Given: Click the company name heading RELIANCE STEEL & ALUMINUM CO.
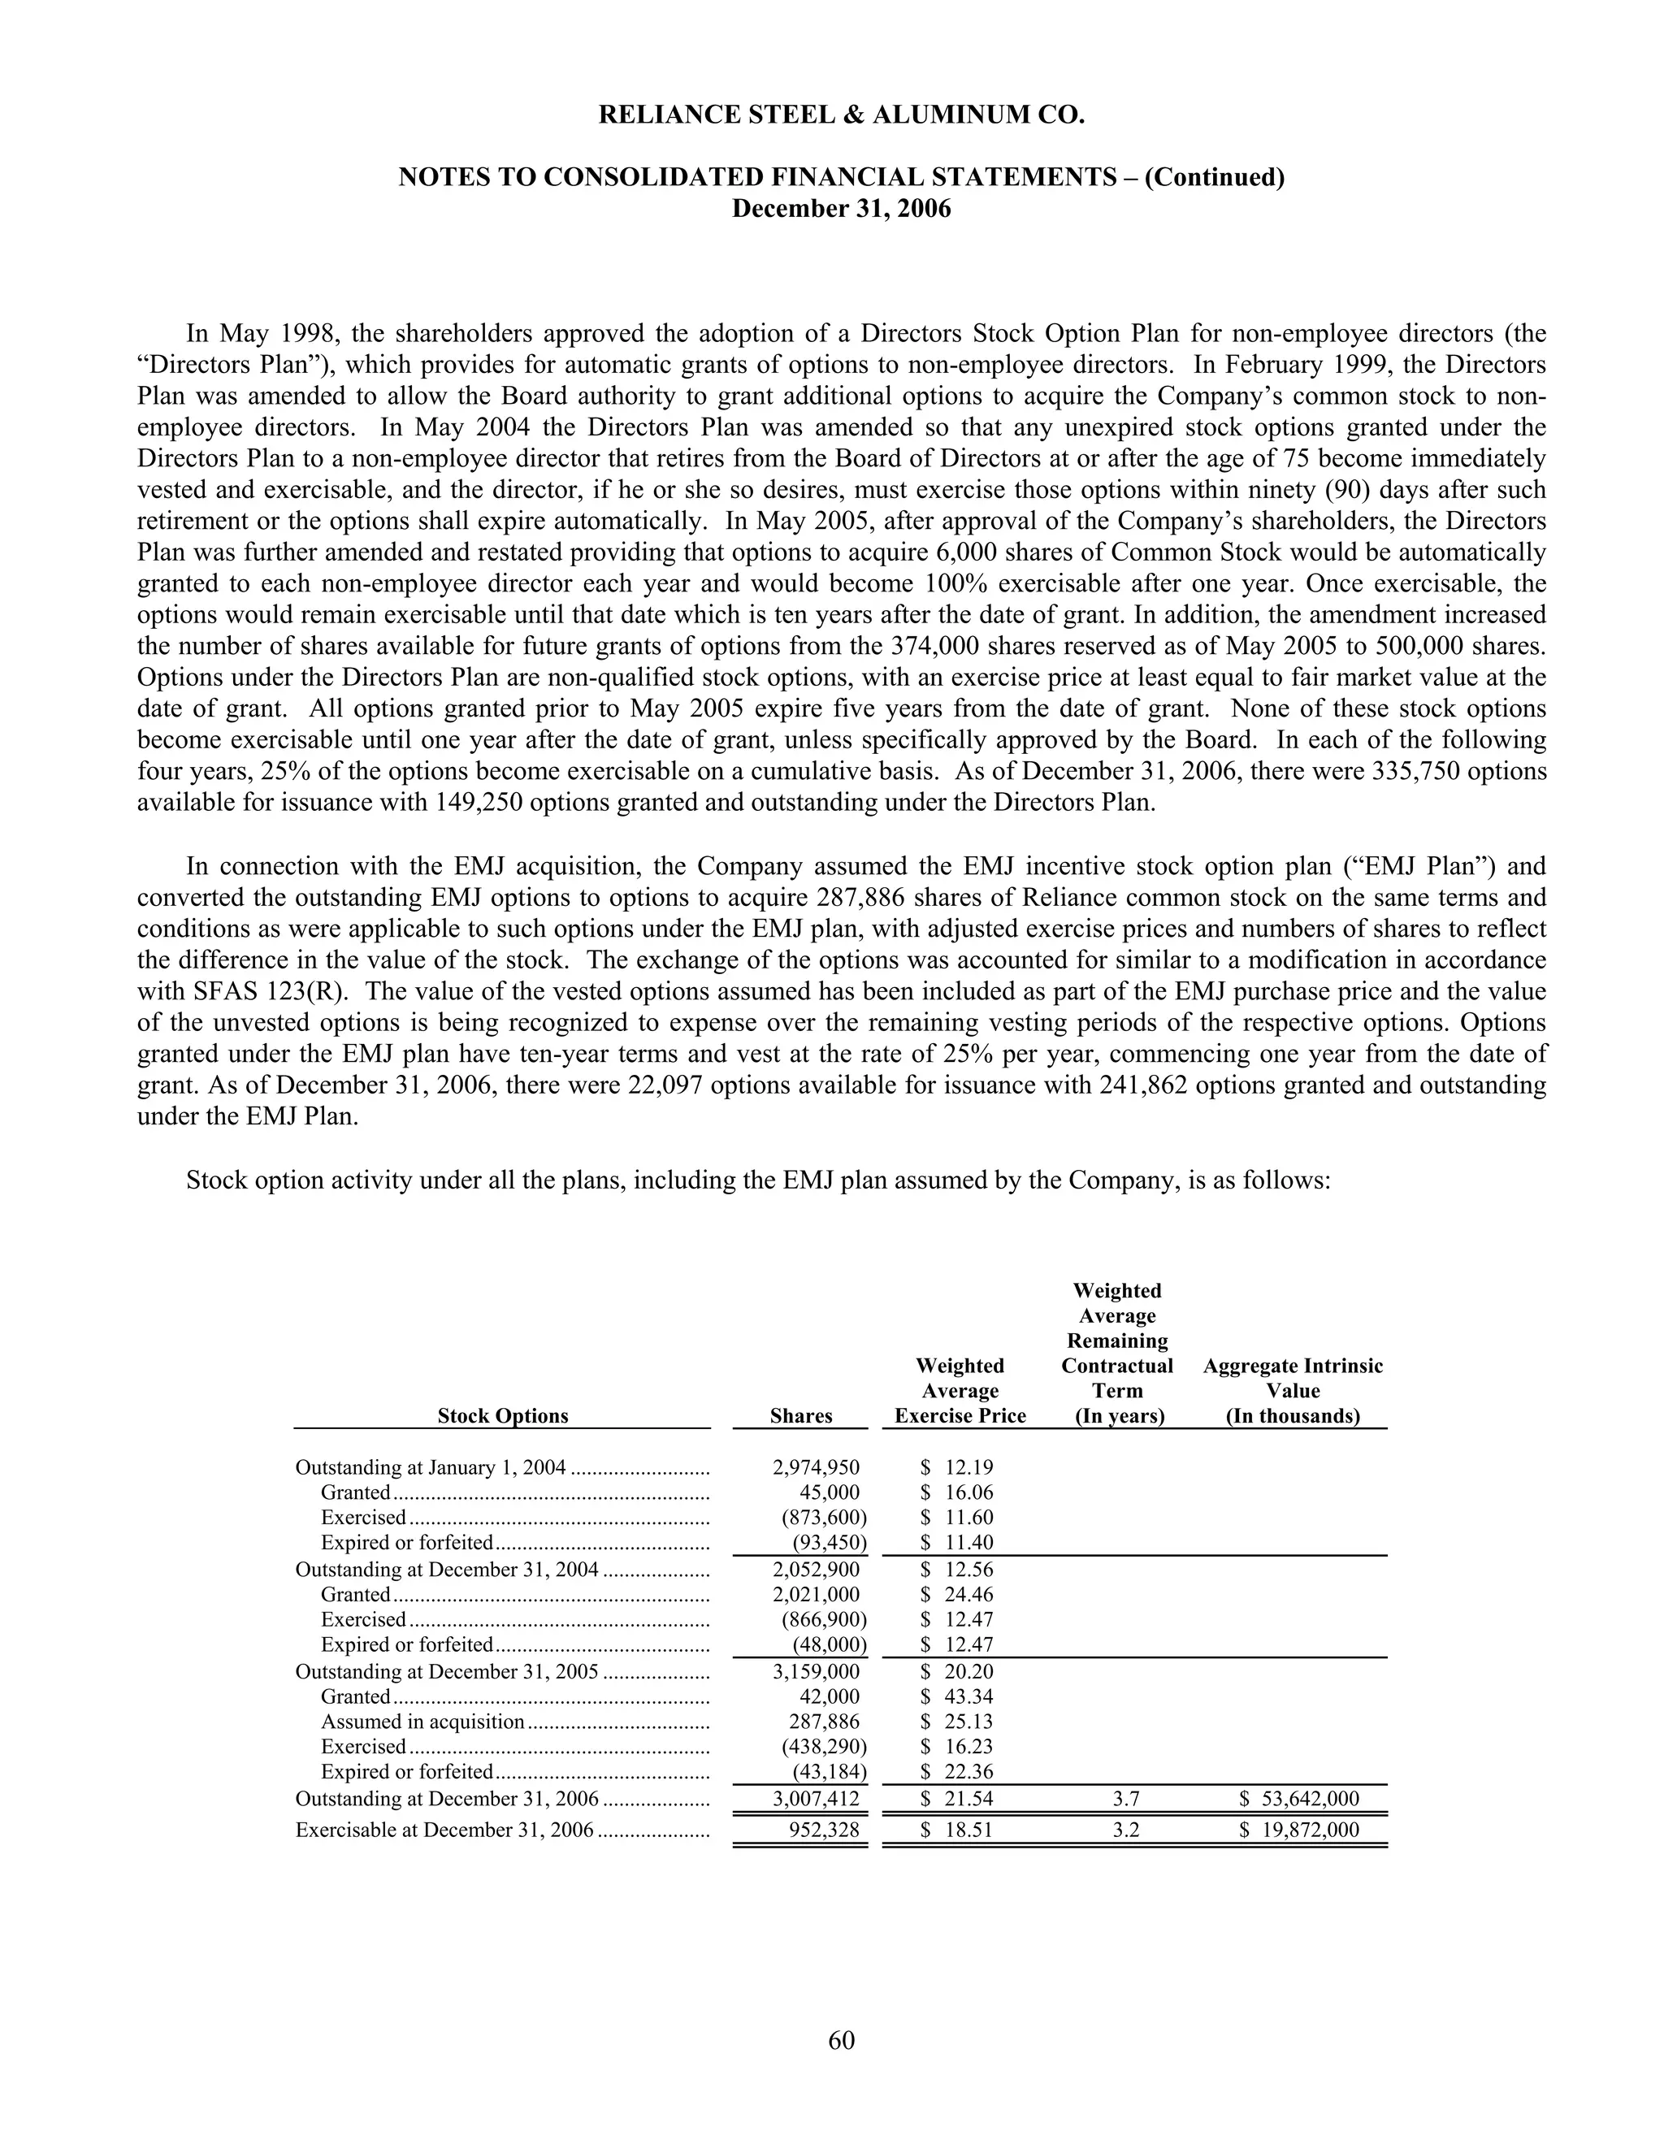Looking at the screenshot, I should tap(841, 115).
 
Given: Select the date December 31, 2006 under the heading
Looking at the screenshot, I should tap(841, 209).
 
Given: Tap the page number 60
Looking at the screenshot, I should tap(841, 2039).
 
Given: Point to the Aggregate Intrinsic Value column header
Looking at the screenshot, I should tap(1293, 1391).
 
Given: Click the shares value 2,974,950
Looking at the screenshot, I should tap(817, 1468).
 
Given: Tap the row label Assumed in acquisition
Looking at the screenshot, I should tap(422, 1722).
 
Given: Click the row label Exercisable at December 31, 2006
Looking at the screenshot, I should tap(444, 1830).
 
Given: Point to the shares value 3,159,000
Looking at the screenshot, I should tap(817, 1671).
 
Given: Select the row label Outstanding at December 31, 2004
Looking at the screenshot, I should tap(447, 1570).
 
